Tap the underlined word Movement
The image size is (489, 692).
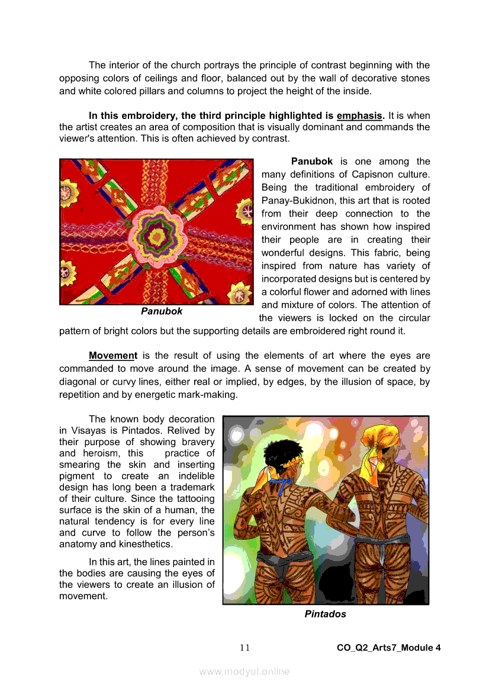(x=112, y=356)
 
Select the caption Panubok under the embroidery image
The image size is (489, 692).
(x=162, y=311)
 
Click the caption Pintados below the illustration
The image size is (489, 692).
(x=325, y=614)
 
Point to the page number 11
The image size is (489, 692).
(x=244, y=648)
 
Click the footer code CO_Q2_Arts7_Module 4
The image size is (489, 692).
(x=388, y=648)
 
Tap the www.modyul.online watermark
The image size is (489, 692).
(x=244, y=671)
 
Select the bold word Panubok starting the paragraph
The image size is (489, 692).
(x=311, y=162)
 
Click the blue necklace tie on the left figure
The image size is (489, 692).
(x=282, y=485)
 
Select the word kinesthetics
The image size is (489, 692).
(x=144, y=545)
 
